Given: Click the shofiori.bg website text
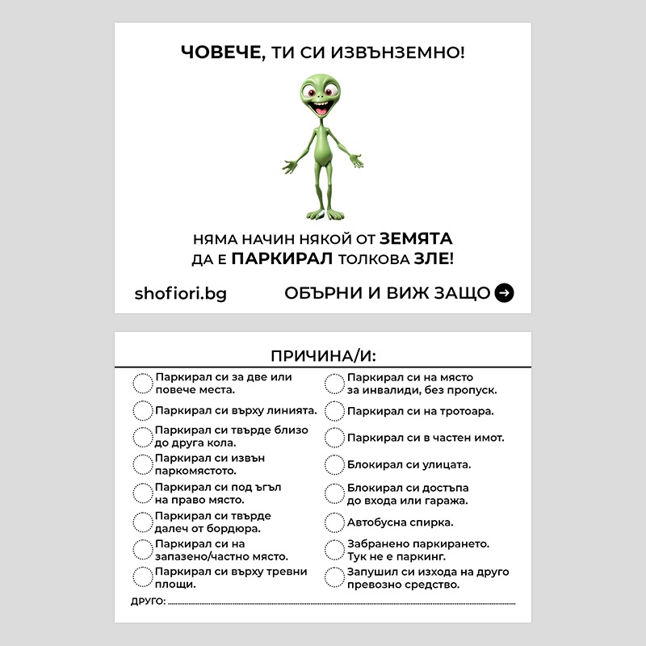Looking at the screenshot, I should click(180, 293).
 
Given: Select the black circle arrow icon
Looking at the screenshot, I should click(504, 292).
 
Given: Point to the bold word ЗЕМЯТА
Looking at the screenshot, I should click(416, 239).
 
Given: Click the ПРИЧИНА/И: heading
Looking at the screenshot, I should click(323, 356).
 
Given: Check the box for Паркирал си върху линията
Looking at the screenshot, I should click(142, 409).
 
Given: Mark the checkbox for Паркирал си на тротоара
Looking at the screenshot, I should click(333, 411).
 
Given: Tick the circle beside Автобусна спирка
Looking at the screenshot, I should click(333, 522).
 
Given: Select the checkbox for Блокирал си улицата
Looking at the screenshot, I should click(333, 465).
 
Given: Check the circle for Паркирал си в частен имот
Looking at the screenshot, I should click(333, 438).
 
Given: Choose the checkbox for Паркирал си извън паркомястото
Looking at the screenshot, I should click(142, 464).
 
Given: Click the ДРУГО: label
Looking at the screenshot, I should click(148, 602).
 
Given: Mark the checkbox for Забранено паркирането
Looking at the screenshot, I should click(333, 550).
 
